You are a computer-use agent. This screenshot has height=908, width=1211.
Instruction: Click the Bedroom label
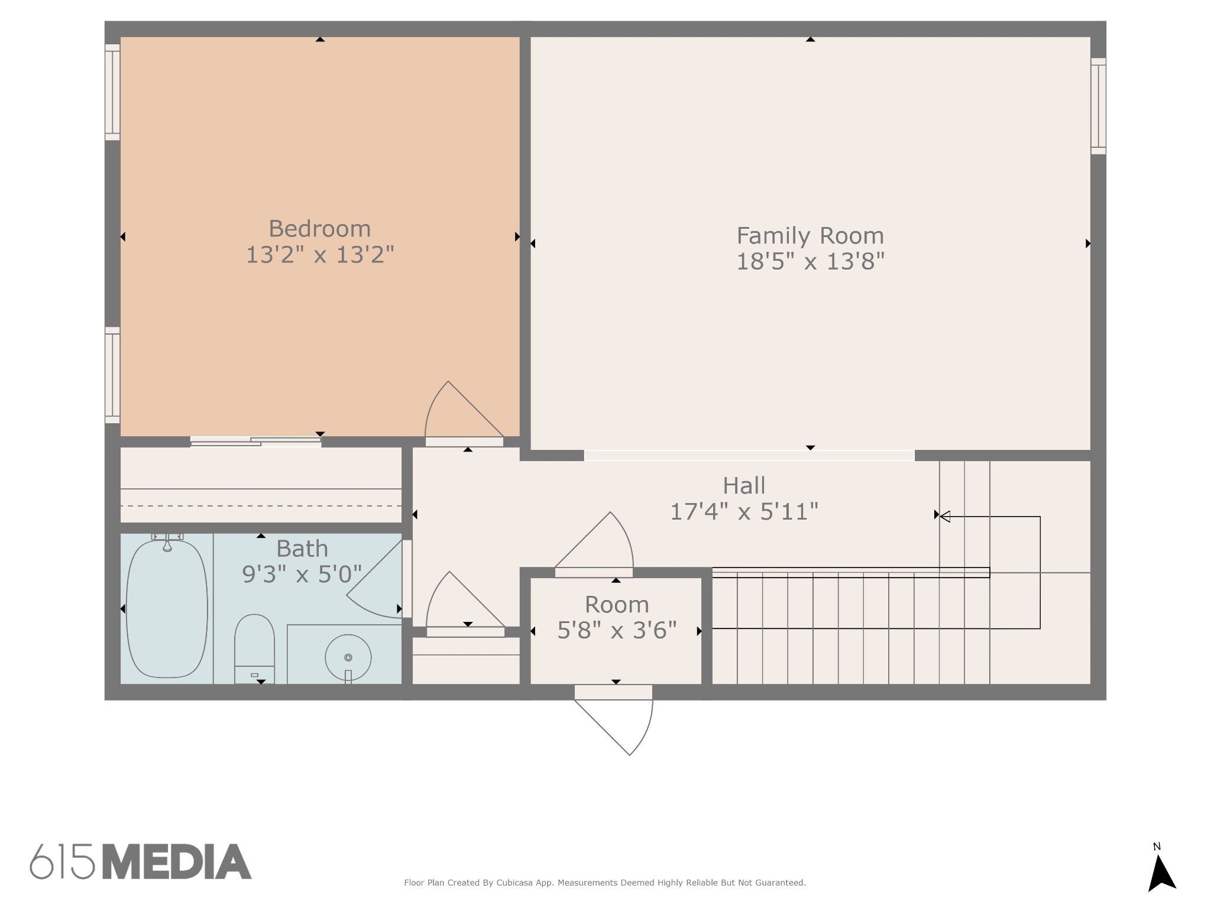coord(319,229)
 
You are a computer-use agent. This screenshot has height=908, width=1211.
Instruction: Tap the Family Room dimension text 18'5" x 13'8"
coord(810,261)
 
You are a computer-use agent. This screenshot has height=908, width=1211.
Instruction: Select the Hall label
coord(744,486)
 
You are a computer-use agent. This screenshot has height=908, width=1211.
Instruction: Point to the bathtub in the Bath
coord(167,609)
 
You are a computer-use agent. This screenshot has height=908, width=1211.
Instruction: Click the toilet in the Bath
coord(254,647)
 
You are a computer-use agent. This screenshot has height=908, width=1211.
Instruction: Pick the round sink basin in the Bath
coord(348,657)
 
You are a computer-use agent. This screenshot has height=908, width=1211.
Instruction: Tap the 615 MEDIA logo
coord(141,861)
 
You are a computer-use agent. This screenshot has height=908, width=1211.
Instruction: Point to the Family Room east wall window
coord(1098,106)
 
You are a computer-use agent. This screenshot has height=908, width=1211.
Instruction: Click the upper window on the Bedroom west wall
coord(112,93)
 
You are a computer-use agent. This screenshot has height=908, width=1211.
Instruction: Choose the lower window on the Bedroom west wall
coord(112,375)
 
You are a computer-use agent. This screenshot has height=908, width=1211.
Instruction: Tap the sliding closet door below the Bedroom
coord(255,442)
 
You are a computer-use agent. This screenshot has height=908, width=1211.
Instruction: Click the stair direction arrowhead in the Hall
coord(945,517)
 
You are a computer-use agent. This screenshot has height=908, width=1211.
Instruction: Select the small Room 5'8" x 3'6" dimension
coord(617,630)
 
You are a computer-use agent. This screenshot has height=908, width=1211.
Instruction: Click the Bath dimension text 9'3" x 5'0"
coord(302,574)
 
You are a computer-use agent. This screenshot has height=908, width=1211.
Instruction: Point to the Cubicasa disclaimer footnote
coord(604,883)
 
